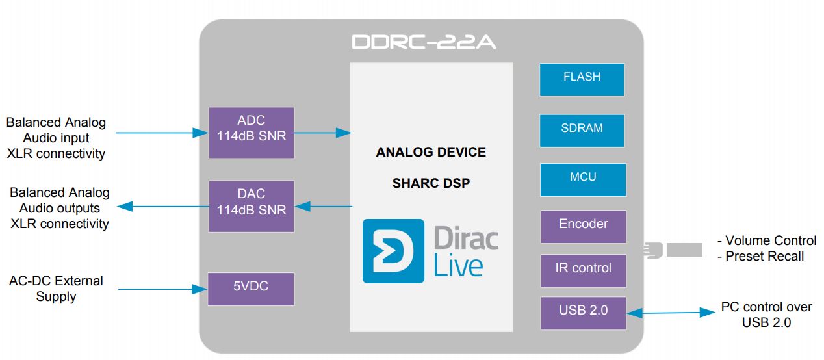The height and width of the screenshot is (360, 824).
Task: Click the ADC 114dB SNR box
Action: click(251, 133)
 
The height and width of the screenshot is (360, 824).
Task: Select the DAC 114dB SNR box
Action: click(251, 206)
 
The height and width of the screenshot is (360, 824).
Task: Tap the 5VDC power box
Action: click(251, 289)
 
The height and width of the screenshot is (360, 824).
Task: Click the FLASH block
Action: click(582, 79)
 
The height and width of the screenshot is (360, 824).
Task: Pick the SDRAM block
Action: click(582, 131)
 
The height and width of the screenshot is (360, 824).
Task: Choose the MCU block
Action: click(583, 180)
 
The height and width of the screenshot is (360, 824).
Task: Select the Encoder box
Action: click(584, 227)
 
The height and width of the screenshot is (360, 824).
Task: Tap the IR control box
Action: click(584, 270)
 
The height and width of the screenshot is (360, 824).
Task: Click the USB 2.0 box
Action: click(584, 313)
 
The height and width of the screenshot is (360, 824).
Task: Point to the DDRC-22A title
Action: click(424, 42)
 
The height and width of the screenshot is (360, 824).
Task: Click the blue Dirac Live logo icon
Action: click(393, 251)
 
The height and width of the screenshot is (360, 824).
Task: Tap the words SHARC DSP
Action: click(431, 183)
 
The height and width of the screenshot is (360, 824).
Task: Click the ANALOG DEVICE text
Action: click(431, 152)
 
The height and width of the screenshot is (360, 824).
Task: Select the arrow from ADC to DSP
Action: click(322, 133)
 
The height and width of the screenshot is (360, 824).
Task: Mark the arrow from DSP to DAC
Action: click(324, 206)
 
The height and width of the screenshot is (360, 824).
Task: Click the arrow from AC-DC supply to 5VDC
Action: click(163, 289)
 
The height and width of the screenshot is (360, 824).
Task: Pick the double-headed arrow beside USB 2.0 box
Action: click(671, 313)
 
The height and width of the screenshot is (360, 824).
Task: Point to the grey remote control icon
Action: click(673, 250)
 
